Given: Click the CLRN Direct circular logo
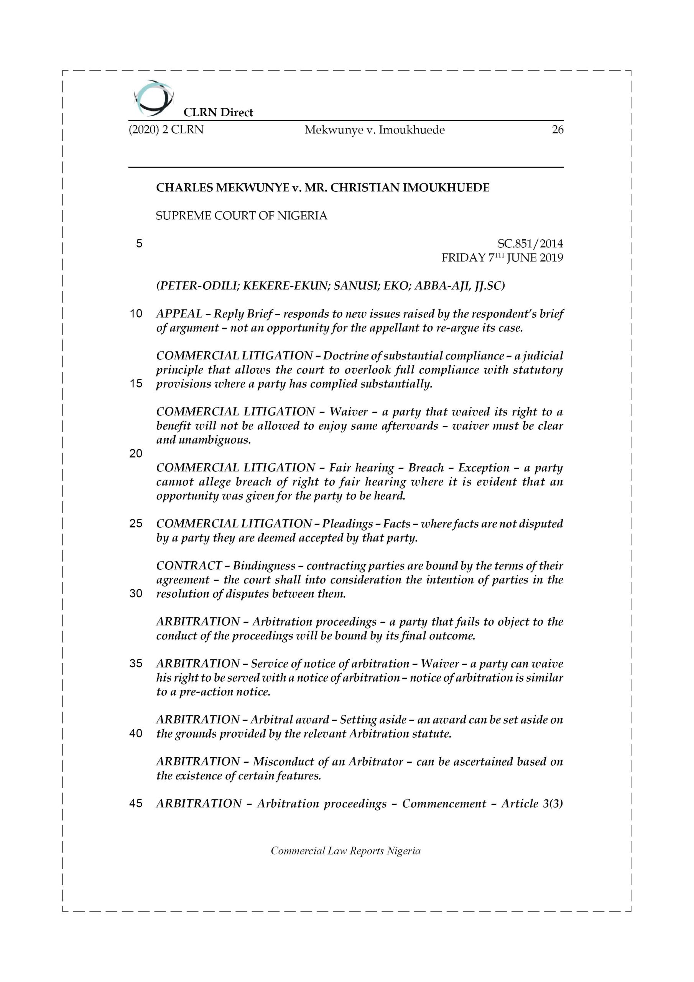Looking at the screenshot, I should tap(153, 98).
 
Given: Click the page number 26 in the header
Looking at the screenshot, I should tap(557, 130).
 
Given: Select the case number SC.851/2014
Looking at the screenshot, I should tap(530, 244).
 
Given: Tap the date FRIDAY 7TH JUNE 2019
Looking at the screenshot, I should tap(502, 258).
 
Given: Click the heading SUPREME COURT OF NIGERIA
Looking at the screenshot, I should tap(241, 216).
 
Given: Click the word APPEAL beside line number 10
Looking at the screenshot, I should tap(179, 314).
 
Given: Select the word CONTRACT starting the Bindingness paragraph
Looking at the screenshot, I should tap(189, 566).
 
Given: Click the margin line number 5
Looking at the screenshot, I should tap(139, 244).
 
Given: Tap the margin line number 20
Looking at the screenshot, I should tap(136, 454).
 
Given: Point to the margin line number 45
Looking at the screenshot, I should tap(136, 804).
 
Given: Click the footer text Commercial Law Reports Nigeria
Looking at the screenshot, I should tap(345, 851).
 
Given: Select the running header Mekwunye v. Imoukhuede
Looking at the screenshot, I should tap(374, 130).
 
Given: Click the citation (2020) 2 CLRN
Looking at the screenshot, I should tap(166, 130).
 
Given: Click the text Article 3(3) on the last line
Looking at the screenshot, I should tap(532, 804).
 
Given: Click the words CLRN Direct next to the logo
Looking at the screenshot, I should tap(218, 112).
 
